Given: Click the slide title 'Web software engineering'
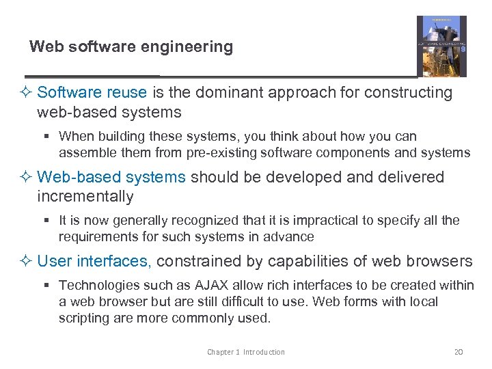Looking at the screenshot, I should tap(131, 47).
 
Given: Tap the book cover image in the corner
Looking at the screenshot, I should tap(441, 46).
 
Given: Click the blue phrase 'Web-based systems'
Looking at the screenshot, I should tap(111, 178).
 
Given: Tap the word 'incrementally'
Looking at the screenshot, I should tap(85, 197).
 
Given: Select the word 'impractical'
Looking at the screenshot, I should tap(306, 221).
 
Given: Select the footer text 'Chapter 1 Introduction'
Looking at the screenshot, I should tap(246, 352).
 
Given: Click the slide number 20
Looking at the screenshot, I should tap(459, 352).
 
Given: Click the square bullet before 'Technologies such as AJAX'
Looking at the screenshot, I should tap(49, 286).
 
